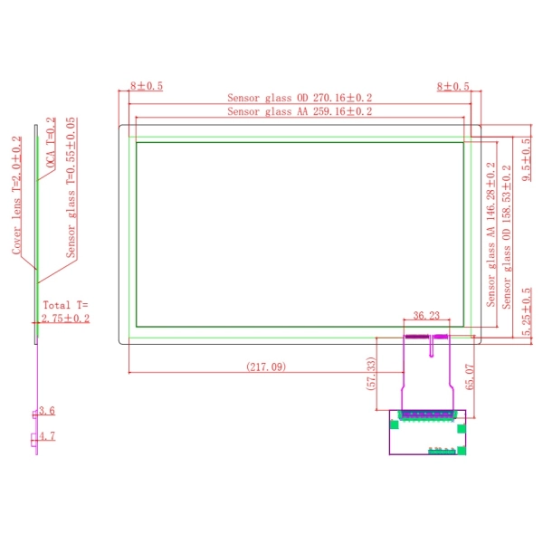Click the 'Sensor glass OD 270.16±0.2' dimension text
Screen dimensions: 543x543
[x=300, y=98]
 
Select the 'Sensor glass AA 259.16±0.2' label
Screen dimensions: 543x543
[x=300, y=111]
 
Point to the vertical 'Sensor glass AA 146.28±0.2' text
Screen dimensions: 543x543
[x=491, y=234]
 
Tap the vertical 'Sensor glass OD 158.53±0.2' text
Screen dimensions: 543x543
[x=506, y=237]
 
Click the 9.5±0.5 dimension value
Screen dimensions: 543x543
[x=526, y=159]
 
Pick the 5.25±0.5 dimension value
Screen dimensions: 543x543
[x=526, y=311]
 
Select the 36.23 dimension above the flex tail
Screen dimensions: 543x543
[x=426, y=316]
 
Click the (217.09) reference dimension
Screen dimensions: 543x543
[x=266, y=367]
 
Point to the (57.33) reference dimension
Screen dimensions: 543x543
[x=371, y=374]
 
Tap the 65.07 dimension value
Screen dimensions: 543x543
[x=470, y=376]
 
